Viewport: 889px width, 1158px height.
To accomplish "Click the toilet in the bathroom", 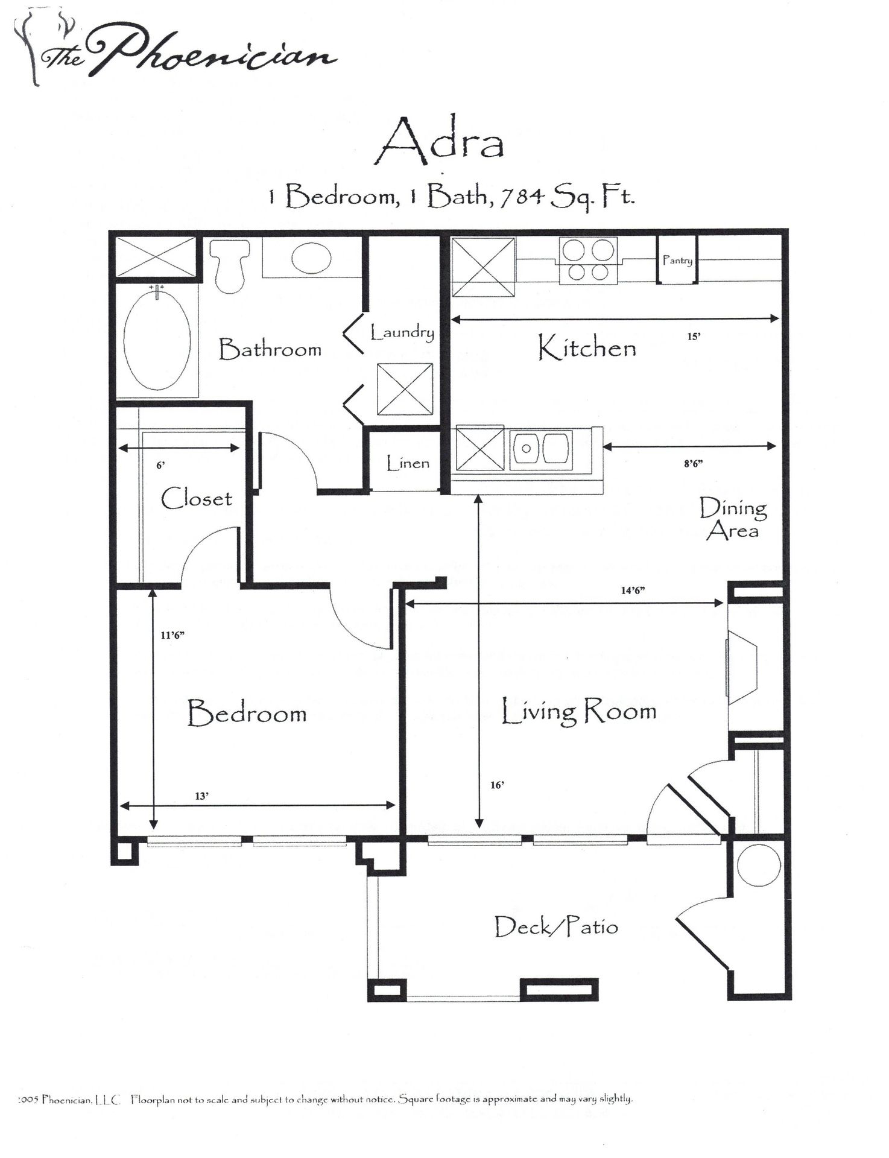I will tap(229, 266).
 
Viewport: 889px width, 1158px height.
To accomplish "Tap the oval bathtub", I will tap(157, 341).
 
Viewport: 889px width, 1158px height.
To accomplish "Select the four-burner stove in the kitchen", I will tap(588, 261).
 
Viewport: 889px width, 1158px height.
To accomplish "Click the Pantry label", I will tap(677, 261).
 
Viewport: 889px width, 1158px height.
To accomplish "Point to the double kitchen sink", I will tap(541, 449).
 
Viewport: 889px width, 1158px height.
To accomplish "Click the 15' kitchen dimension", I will tap(694, 337).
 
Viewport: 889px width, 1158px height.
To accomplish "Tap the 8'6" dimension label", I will tap(693, 464).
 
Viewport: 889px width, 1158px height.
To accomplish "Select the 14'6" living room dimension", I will tap(633, 590).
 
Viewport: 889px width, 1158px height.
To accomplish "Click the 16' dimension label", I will tap(497, 785).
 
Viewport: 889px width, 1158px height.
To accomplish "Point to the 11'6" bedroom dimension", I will tap(172, 634).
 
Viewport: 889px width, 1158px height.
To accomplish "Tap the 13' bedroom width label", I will tap(201, 796).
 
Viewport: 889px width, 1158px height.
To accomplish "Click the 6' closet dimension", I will tap(160, 465).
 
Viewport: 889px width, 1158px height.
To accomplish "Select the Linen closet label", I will tap(408, 464).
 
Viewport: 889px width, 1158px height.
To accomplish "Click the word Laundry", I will tap(402, 333).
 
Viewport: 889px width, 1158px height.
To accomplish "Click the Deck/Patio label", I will tap(556, 926).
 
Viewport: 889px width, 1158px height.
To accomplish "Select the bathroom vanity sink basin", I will tap(311, 258).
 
